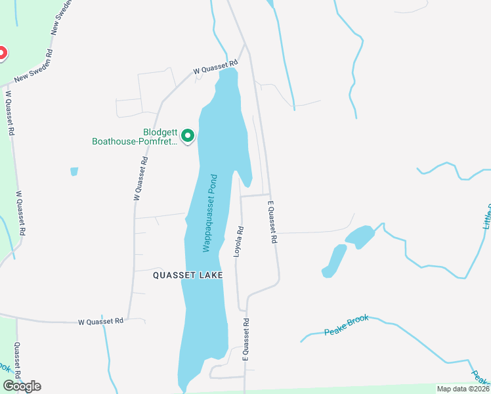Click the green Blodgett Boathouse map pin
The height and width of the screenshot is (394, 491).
pos(188,136)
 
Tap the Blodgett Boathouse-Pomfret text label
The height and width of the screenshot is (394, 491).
pos(134,136)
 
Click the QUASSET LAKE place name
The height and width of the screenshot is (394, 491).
pos(188,275)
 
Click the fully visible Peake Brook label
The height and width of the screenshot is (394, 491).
pos(347,326)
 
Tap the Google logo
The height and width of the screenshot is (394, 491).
pos(21,386)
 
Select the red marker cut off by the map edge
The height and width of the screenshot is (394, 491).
pos(2,53)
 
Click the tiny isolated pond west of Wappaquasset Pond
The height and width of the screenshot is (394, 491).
pos(74,172)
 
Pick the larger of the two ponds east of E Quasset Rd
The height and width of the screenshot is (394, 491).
pos(360,237)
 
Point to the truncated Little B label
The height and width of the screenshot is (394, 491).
pos(486,216)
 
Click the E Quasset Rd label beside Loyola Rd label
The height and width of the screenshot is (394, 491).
pos(272,224)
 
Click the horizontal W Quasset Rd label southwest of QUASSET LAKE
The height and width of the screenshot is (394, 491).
pos(100,321)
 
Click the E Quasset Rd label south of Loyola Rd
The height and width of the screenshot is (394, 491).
pos(247,339)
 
